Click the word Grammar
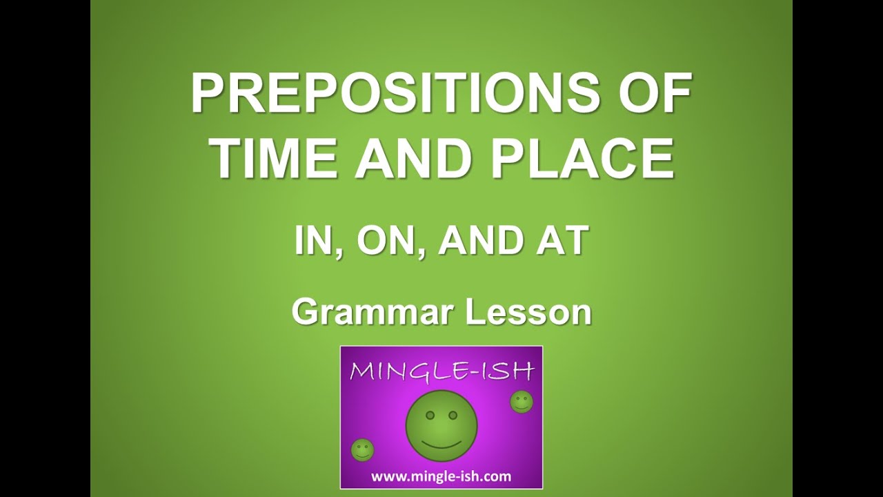point(373,312)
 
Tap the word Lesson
point(529,312)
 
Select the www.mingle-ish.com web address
point(441,476)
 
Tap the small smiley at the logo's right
point(522,402)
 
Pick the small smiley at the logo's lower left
point(362,450)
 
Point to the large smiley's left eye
point(428,414)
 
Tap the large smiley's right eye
point(453,414)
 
